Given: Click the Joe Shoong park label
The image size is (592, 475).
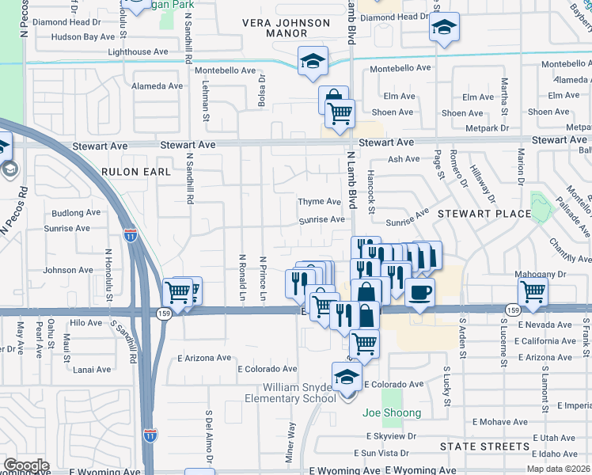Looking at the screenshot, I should point(392,412).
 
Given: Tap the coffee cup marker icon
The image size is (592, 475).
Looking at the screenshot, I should point(419,292).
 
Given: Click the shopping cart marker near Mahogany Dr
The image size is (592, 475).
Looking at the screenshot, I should point(533,292).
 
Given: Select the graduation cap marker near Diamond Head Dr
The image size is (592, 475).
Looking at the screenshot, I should point(445,28).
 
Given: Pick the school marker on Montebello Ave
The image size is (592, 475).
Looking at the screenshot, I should point(313,60).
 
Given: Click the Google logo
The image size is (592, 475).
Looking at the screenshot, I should point(25,465).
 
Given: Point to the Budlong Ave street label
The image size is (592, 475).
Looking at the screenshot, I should point(76,213).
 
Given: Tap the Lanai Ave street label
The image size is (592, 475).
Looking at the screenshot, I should point(92,369).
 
